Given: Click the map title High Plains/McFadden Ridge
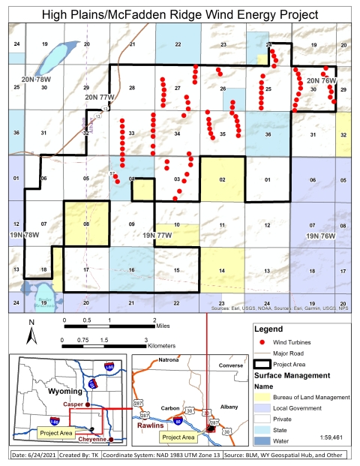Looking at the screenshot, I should pyautogui.click(x=179, y=14).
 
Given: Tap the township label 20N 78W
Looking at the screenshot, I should pyautogui.click(x=35, y=79).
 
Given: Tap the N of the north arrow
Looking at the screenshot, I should pyautogui.click(x=31, y=323).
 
